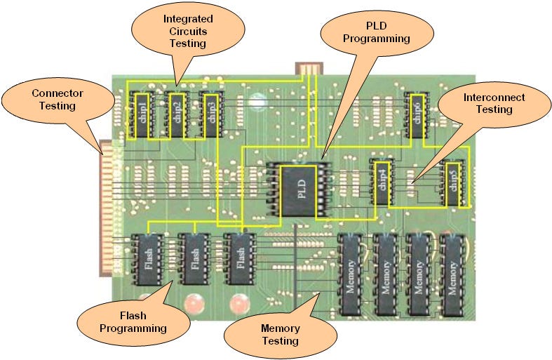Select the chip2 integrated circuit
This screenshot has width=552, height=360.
176,114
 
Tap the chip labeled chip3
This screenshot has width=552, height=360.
210,114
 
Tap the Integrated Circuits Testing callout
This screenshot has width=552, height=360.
188,31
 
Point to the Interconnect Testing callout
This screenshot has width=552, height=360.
494,104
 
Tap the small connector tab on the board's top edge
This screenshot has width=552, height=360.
308,68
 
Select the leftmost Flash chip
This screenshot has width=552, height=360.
149,259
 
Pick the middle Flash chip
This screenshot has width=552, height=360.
194,259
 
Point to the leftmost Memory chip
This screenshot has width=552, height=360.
351,274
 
